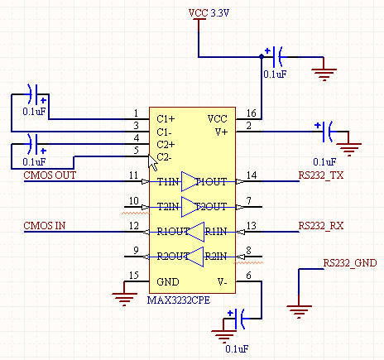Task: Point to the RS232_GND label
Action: (349, 262)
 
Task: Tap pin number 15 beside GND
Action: (134, 276)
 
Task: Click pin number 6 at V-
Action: (249, 276)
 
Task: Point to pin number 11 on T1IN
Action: (134, 175)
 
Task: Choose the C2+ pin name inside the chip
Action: (165, 144)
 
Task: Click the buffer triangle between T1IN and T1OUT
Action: (190, 181)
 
